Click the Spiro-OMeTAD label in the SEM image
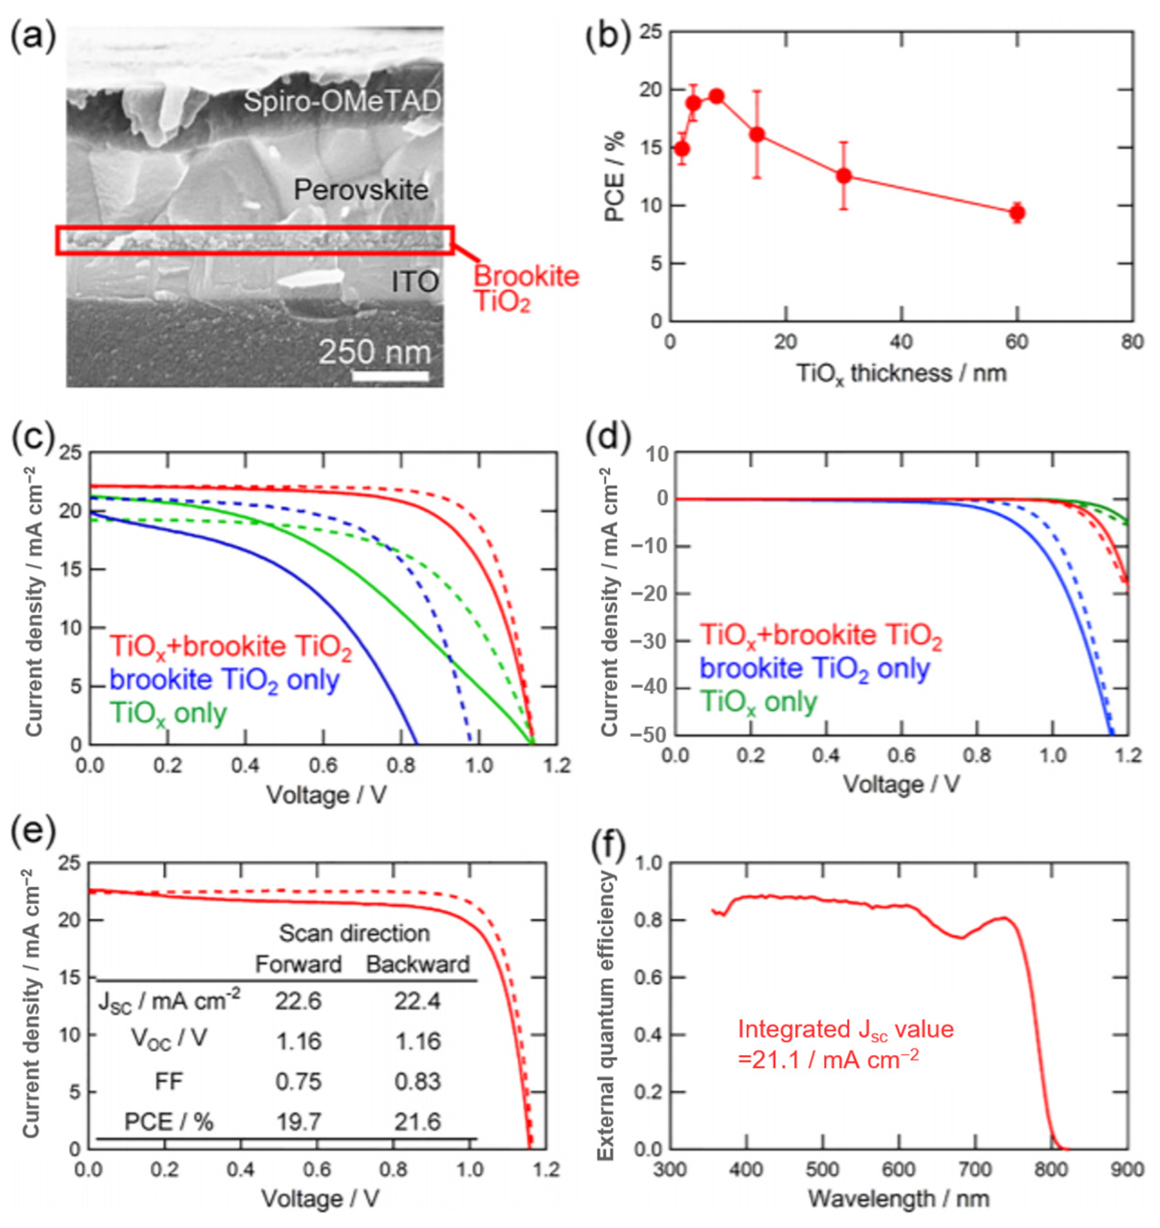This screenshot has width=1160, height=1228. [342, 101]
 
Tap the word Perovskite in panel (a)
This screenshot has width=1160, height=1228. [360, 189]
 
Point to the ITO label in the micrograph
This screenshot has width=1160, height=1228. [415, 282]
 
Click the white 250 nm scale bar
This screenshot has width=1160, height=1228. [390, 375]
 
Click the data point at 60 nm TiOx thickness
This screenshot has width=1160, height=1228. [1016, 213]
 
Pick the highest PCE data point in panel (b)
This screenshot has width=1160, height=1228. [717, 96]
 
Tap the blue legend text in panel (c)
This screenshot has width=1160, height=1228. [224, 679]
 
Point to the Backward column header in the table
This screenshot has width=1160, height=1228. [418, 964]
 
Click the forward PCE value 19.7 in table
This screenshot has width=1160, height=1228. [298, 1121]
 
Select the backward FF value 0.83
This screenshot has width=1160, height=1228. [418, 1081]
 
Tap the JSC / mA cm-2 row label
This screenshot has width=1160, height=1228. [169, 1001]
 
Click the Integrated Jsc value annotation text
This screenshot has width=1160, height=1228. [845, 1044]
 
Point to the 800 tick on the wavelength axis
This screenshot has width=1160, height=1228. [1051, 1170]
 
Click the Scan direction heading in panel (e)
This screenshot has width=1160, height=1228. [354, 933]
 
